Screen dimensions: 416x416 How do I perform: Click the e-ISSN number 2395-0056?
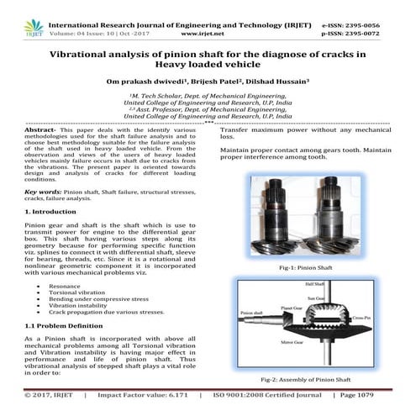[383, 5]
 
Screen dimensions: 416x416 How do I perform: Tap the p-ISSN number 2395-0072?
[383, 16]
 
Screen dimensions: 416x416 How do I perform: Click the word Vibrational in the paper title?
[88, 52]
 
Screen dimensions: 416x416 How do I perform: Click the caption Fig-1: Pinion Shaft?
[311, 266]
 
